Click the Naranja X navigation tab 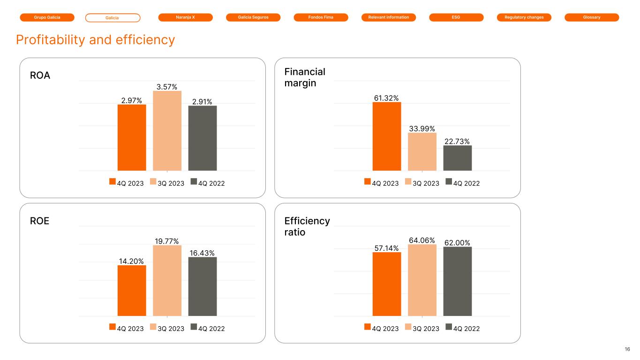point(185,17)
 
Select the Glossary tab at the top point(592,17)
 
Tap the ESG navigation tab point(456,17)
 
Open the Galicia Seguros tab point(253,17)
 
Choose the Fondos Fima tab point(321,17)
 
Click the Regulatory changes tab point(524,17)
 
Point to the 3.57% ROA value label point(167,86)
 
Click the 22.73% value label point(457,141)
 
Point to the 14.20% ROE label point(131,261)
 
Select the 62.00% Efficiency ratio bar point(457,281)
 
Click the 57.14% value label point(386,248)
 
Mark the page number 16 point(627,349)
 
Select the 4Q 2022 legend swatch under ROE point(194,327)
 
